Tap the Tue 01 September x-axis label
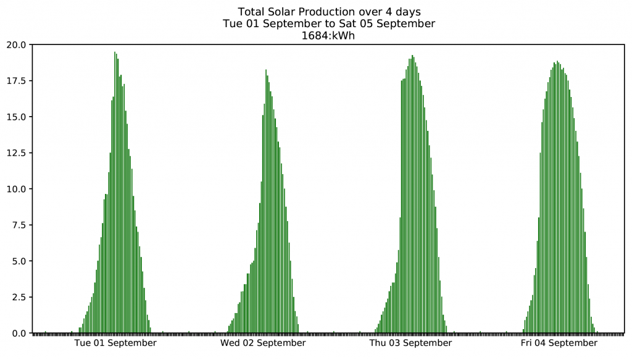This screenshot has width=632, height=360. pyautogui.click(x=115, y=343)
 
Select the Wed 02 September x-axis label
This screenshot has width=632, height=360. pyautogui.click(x=263, y=343)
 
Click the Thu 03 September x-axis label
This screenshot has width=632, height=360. pyautogui.click(x=410, y=343)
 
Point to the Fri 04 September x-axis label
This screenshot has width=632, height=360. pyautogui.click(x=559, y=343)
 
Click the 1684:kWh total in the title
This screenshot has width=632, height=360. pyautogui.click(x=328, y=35)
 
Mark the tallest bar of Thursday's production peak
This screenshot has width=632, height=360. pyautogui.click(x=412, y=195)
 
